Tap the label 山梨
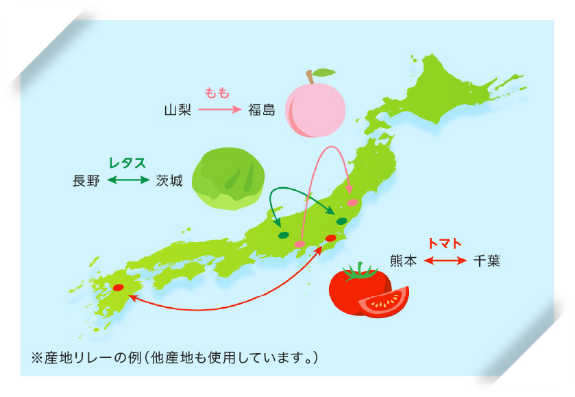pos(178,110)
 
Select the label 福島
pos(262,110)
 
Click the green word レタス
pos(127,163)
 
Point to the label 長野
pos(86,181)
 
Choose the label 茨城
pos(169,181)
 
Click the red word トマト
pos(444,243)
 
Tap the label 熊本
pos(403,261)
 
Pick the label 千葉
pos(487,261)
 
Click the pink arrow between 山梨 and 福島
pos(219,110)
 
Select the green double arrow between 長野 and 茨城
pos(127,181)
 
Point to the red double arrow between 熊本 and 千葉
pos(445,261)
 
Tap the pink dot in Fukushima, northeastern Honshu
pos(353,203)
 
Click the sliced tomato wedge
pos(383,301)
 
